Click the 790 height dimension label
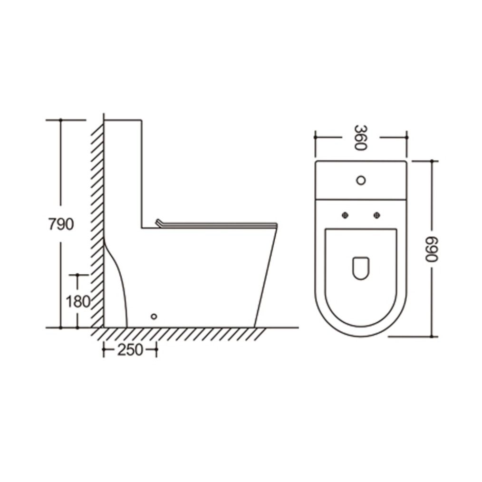click(x=61, y=224)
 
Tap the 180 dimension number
click(x=78, y=301)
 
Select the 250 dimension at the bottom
click(x=130, y=350)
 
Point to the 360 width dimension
click(x=361, y=137)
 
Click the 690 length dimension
click(x=431, y=249)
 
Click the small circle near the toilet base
click(x=154, y=316)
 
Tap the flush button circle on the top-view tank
click(x=361, y=180)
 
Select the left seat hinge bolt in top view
click(x=345, y=215)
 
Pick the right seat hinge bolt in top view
click(x=376, y=215)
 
